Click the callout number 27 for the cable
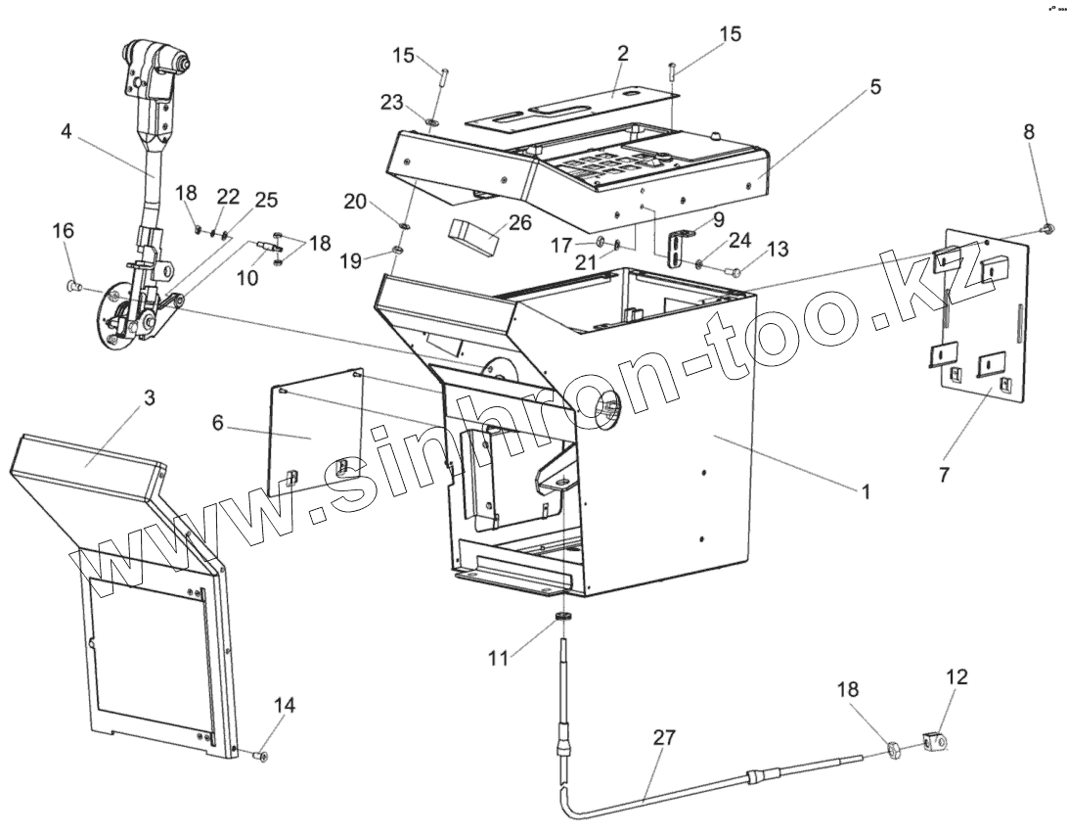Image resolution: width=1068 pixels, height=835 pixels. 664,738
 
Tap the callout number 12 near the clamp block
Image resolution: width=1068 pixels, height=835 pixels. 957,675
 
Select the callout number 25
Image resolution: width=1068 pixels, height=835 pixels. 266,200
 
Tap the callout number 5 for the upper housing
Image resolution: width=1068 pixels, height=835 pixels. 874,86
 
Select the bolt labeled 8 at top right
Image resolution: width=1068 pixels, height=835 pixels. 1046,228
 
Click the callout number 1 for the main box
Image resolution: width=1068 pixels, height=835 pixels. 865,492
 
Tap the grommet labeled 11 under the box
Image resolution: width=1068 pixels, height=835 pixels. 563,617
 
